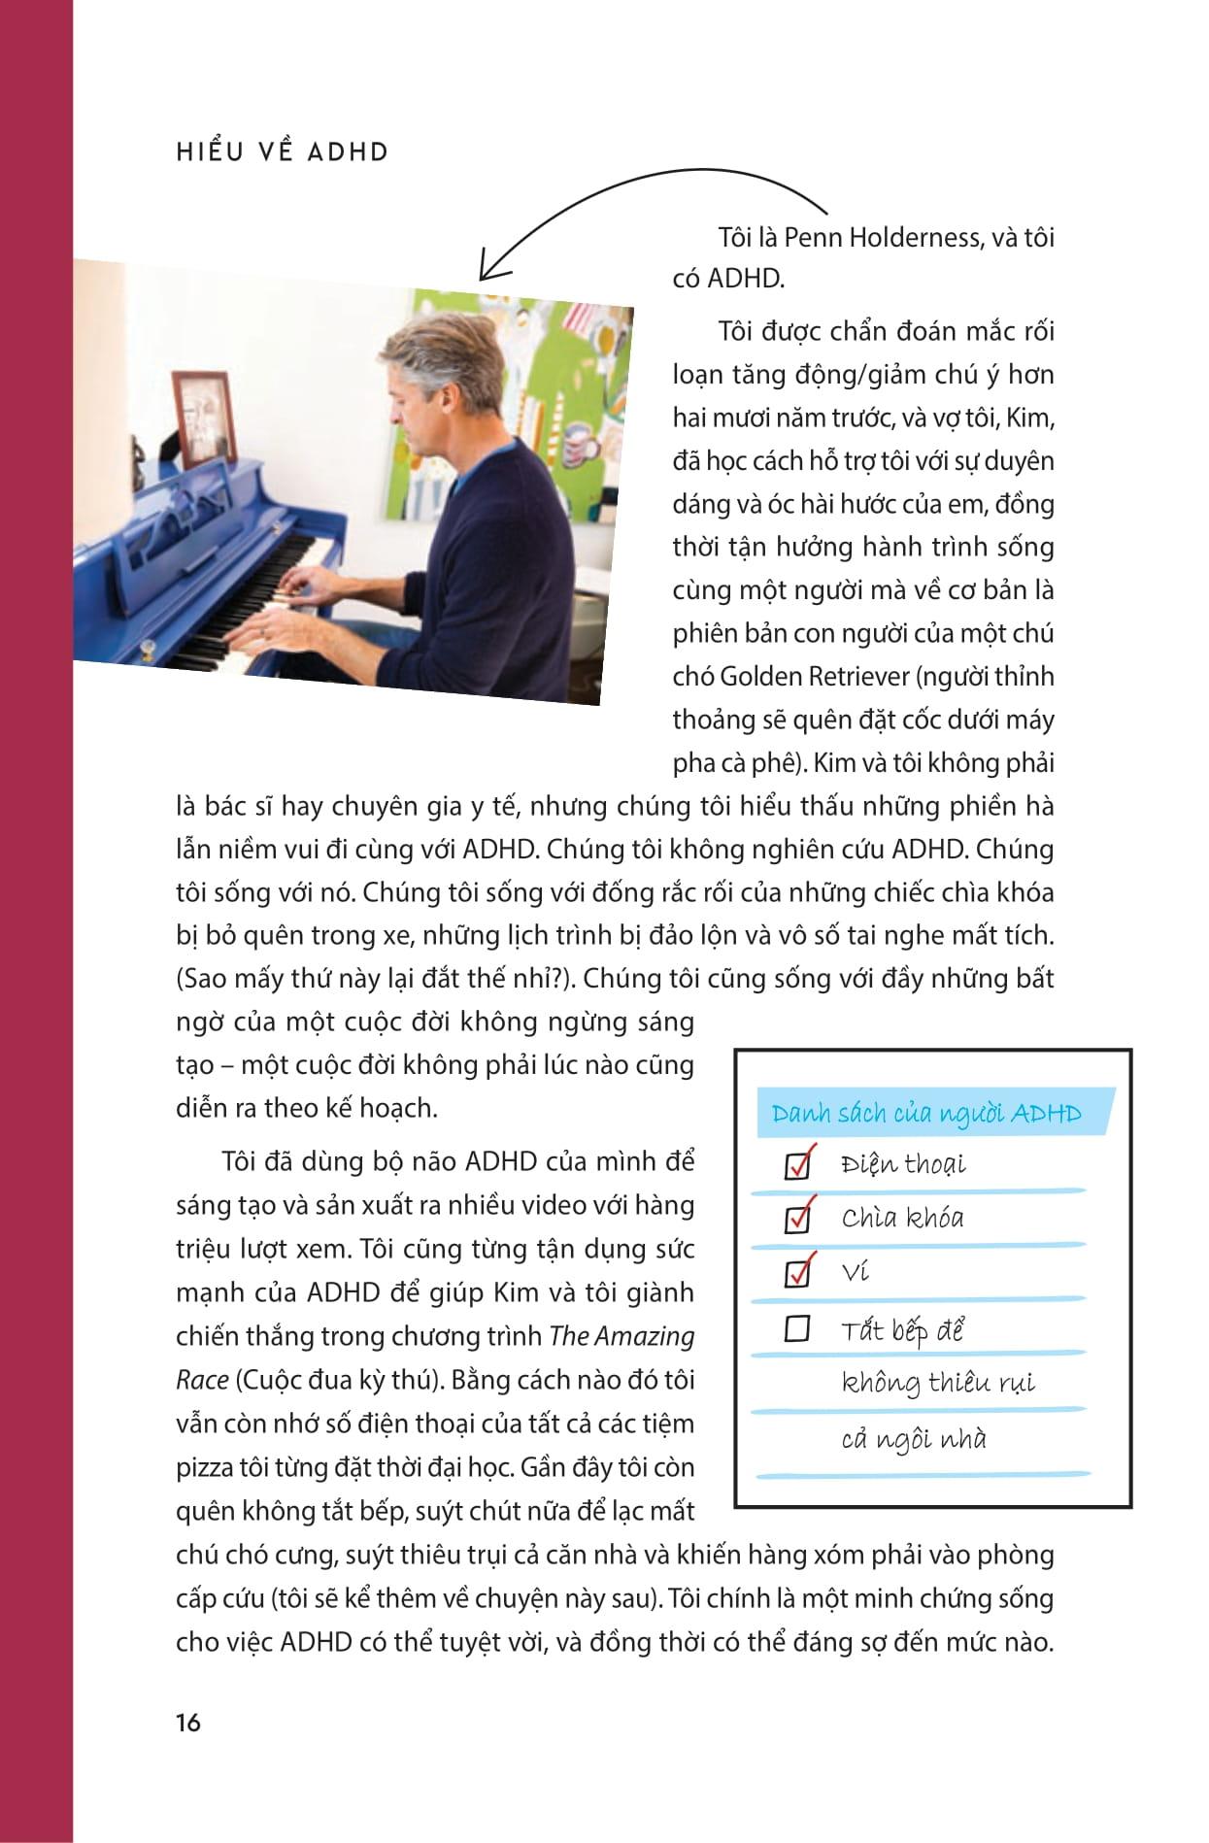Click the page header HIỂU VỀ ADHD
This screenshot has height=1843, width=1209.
[x=283, y=152]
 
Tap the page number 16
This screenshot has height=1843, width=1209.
[x=188, y=1723]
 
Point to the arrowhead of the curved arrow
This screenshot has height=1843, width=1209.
[x=483, y=272]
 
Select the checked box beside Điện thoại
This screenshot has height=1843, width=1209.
[x=798, y=1164]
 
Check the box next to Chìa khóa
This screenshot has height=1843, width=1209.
[x=798, y=1218]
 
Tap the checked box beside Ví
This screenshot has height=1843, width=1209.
[x=798, y=1272]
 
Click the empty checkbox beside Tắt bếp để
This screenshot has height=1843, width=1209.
[x=797, y=1328]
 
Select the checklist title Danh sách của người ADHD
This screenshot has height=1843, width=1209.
[x=925, y=1114]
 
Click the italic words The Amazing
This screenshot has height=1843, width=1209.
[x=622, y=1336]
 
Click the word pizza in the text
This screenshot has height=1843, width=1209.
[x=203, y=1466]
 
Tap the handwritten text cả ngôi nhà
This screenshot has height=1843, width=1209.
[x=913, y=1439]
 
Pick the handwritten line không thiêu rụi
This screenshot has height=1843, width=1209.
[x=938, y=1383]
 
